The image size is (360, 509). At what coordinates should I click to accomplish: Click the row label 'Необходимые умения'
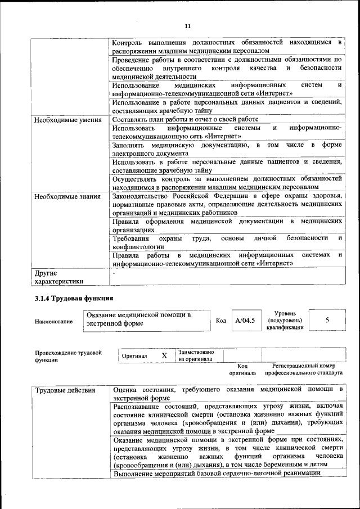coord(67,120)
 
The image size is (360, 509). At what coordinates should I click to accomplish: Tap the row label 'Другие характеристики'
coord(59,277)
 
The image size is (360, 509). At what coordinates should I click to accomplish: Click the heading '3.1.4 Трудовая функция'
coord(74,298)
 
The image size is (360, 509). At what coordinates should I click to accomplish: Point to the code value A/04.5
coord(245,321)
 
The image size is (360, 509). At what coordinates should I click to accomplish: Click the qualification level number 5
coord(327,320)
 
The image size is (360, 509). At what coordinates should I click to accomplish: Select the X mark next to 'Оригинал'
coord(164,356)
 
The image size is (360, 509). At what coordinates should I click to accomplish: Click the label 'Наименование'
coord(54,321)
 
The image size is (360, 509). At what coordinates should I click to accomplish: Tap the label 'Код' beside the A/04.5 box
coord(221,321)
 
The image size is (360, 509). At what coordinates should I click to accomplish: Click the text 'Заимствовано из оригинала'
coord(196,355)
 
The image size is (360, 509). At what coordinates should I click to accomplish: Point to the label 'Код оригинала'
coord(242,369)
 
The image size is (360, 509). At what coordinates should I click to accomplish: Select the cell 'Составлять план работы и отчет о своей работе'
coord(185,119)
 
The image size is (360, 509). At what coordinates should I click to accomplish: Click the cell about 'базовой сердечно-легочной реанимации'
coord(217,474)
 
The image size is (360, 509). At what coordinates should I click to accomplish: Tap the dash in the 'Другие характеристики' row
coord(114,273)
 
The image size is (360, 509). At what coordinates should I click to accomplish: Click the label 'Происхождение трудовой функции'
coord(68,356)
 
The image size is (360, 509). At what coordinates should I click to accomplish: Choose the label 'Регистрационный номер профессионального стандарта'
coord(303,369)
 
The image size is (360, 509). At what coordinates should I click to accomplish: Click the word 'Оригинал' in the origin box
coord(134,356)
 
